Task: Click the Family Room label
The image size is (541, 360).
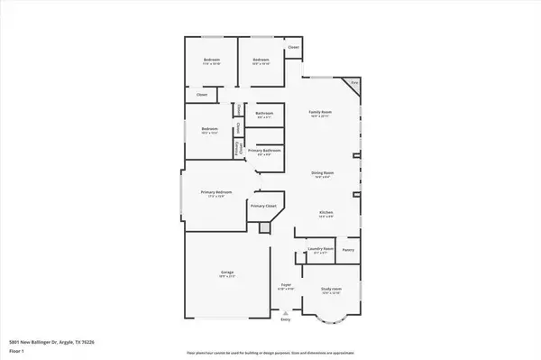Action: (x=321, y=110)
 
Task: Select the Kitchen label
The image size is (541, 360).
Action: (x=326, y=212)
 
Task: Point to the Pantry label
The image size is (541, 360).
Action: (x=348, y=249)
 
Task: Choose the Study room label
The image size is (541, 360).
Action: (x=331, y=289)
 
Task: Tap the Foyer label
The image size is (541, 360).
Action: (x=286, y=285)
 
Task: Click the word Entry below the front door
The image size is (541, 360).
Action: (x=286, y=319)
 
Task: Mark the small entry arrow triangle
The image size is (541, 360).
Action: (x=286, y=312)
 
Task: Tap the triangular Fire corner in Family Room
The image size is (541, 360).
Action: (x=354, y=82)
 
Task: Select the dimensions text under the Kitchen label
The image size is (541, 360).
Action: (x=326, y=217)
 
